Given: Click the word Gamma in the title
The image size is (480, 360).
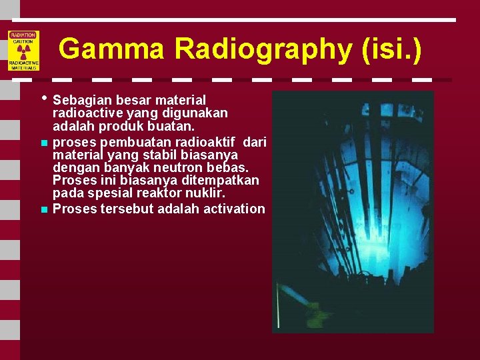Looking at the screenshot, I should [x=111, y=49].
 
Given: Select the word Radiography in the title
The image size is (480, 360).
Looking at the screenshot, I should [x=262, y=49].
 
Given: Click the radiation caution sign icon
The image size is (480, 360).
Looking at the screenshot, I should [x=23, y=51].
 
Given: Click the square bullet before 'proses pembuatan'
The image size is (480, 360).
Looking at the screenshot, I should [x=43, y=142].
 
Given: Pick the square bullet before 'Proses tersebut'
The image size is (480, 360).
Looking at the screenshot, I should [x=43, y=209].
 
